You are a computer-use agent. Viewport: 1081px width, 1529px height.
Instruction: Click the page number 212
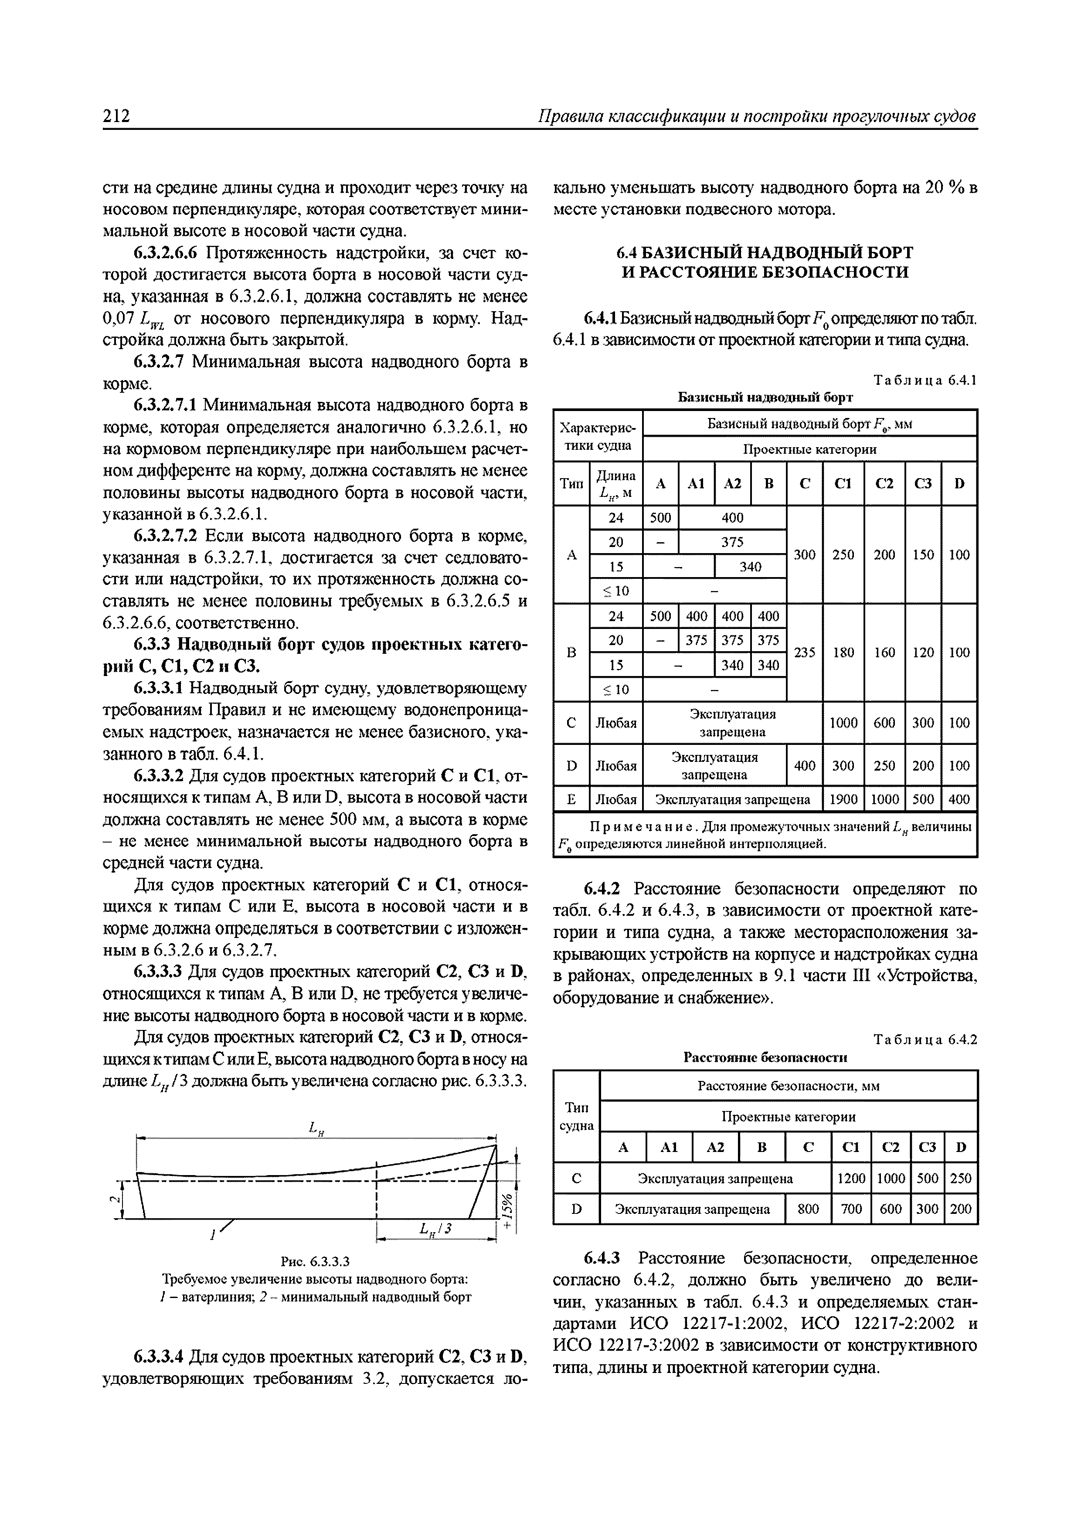pyautogui.click(x=116, y=116)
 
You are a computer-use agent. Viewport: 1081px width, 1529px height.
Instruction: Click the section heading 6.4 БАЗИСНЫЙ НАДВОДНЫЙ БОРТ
pyautogui.click(x=765, y=253)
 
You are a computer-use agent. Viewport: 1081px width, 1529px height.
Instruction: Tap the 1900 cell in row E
pyautogui.click(x=843, y=799)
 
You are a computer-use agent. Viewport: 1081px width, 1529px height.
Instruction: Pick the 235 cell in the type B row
pyautogui.click(x=805, y=652)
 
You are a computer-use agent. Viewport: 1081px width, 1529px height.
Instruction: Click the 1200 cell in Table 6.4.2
pyautogui.click(x=850, y=1179)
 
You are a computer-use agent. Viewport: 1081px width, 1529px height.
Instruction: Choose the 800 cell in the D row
pyautogui.click(x=808, y=1209)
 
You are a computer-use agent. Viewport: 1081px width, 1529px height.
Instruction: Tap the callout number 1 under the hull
pyautogui.click(x=212, y=1236)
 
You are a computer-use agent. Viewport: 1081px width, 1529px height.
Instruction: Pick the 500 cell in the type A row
pyautogui.click(x=660, y=517)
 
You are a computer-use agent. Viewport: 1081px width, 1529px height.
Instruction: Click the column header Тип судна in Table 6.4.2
pyautogui.click(x=576, y=1117)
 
